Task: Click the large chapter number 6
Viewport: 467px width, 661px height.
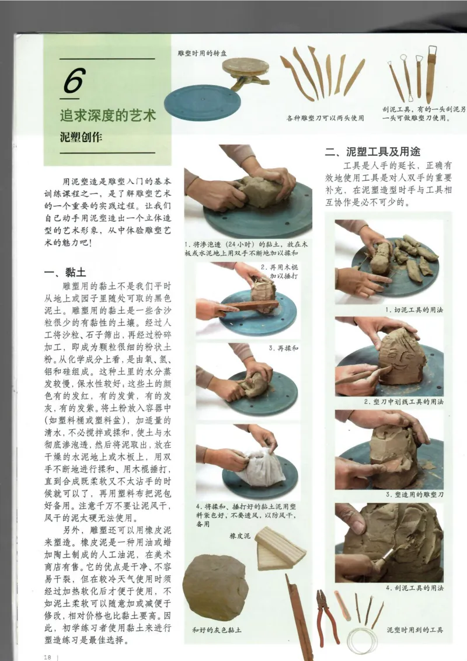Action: click(x=74, y=81)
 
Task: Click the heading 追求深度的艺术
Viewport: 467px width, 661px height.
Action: click(x=108, y=115)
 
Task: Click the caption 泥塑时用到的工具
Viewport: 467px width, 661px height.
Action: click(x=415, y=629)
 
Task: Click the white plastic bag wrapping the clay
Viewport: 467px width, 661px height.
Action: click(x=262, y=467)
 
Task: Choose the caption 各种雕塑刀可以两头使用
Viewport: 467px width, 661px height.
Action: click(x=325, y=118)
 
